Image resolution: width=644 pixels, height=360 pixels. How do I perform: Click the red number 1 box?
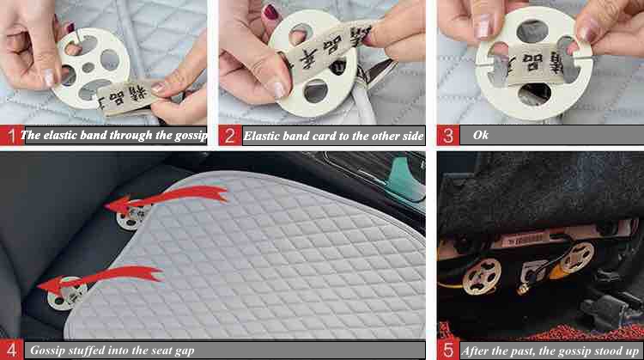pyautogui.click(x=10, y=135)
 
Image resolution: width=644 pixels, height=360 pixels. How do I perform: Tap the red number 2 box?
pyautogui.click(x=230, y=135)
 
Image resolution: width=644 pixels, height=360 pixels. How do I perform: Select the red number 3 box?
pyautogui.click(x=447, y=135)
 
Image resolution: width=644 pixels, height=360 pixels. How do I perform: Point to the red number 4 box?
pyautogui.click(x=10, y=350)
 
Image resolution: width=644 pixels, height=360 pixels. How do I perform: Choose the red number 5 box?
pyautogui.click(x=447, y=350)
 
